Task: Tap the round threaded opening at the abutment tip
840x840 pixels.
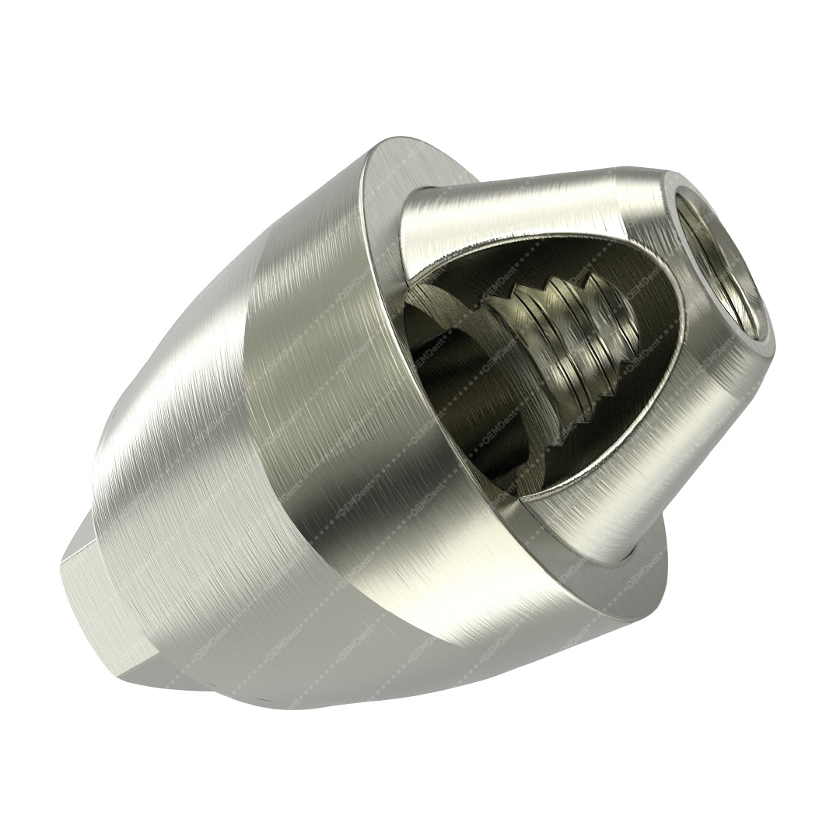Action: [x=719, y=264]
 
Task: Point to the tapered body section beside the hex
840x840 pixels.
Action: [x=171, y=467]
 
